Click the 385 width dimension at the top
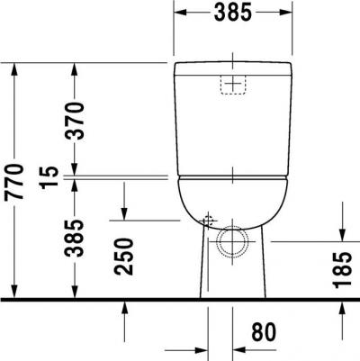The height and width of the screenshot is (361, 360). tap(233, 13)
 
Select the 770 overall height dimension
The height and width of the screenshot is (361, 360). tap(14, 182)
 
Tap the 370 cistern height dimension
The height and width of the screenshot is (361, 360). tap(75, 121)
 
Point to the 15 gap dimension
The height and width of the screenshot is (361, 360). tap(49, 177)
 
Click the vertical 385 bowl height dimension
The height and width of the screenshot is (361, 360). tap(75, 239)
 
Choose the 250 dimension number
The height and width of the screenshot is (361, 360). tap(123, 257)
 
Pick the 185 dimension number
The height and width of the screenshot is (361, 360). tap(342, 270)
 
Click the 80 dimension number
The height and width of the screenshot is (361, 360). tap(264, 332)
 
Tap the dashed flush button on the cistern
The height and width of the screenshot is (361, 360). tap(233, 85)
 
